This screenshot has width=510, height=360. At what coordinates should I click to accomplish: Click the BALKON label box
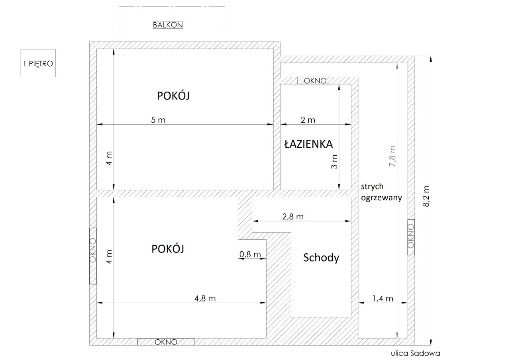click(x=168, y=25)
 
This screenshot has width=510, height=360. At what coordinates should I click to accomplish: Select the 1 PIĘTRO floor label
click(x=38, y=63)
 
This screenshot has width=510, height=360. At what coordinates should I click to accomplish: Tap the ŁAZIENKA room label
click(x=308, y=144)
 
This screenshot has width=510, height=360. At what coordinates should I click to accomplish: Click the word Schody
click(x=321, y=258)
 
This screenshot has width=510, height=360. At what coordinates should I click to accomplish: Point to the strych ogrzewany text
click(x=381, y=192)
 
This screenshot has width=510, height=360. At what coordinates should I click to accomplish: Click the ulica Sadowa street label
click(x=416, y=353)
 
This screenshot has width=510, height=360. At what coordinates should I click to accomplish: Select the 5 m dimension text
click(x=158, y=120)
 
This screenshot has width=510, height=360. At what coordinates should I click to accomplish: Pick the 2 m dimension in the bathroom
click(x=308, y=120)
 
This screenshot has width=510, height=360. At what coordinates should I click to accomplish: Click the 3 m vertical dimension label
click(x=334, y=162)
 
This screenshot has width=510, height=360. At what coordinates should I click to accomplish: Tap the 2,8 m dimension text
click(x=293, y=217)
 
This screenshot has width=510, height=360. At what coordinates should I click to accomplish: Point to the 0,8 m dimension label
click(x=250, y=254)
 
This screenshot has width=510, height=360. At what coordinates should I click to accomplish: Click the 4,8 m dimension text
click(x=205, y=298)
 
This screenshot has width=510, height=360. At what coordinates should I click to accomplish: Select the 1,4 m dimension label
click(x=382, y=298)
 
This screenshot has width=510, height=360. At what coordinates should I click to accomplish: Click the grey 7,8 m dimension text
click(x=392, y=156)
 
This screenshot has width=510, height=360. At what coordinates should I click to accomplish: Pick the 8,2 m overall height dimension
click(x=426, y=196)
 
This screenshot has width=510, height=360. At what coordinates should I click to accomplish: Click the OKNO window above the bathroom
click(x=315, y=80)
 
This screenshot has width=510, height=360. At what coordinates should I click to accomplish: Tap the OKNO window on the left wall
click(x=93, y=256)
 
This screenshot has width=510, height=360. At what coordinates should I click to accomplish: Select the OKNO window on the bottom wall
click(x=166, y=342)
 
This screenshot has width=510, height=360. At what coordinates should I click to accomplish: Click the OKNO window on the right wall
click(x=411, y=237)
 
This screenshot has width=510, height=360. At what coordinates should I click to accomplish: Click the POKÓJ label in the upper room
click(x=173, y=96)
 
